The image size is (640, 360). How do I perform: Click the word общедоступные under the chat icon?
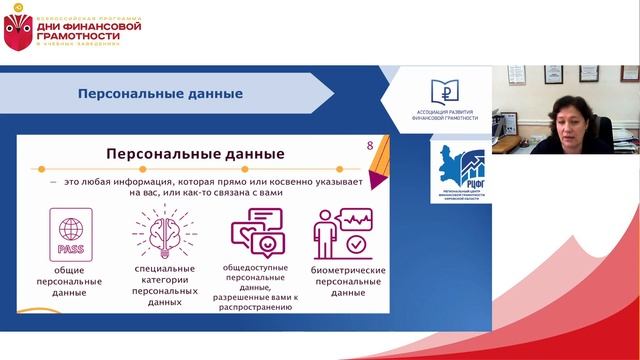[258, 269]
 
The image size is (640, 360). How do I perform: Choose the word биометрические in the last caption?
[346, 269]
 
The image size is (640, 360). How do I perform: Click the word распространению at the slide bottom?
[258, 308]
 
